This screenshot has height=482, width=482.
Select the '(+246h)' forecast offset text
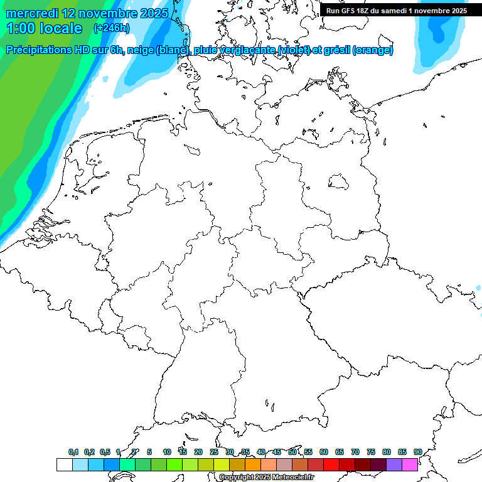click(x=111, y=28)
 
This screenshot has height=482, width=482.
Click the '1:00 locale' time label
click(x=44, y=28)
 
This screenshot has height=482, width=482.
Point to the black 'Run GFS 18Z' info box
click(x=396, y=10)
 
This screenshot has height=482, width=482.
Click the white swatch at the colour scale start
click(x=64, y=464)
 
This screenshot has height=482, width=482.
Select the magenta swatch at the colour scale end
click(x=410, y=464)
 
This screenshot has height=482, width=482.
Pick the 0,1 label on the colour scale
click(x=73, y=452)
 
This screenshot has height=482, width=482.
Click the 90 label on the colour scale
click(x=417, y=452)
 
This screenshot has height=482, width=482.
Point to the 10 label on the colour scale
click(x=166, y=452)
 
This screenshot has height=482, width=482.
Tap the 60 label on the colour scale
click(x=324, y=452)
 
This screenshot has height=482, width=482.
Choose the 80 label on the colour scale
click(x=387, y=452)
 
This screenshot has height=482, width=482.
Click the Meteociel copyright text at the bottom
click(x=267, y=478)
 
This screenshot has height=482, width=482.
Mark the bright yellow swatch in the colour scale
click(x=222, y=464)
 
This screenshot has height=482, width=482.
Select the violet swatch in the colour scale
click(x=394, y=464)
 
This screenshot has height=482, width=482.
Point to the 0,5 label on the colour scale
click(x=105, y=452)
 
